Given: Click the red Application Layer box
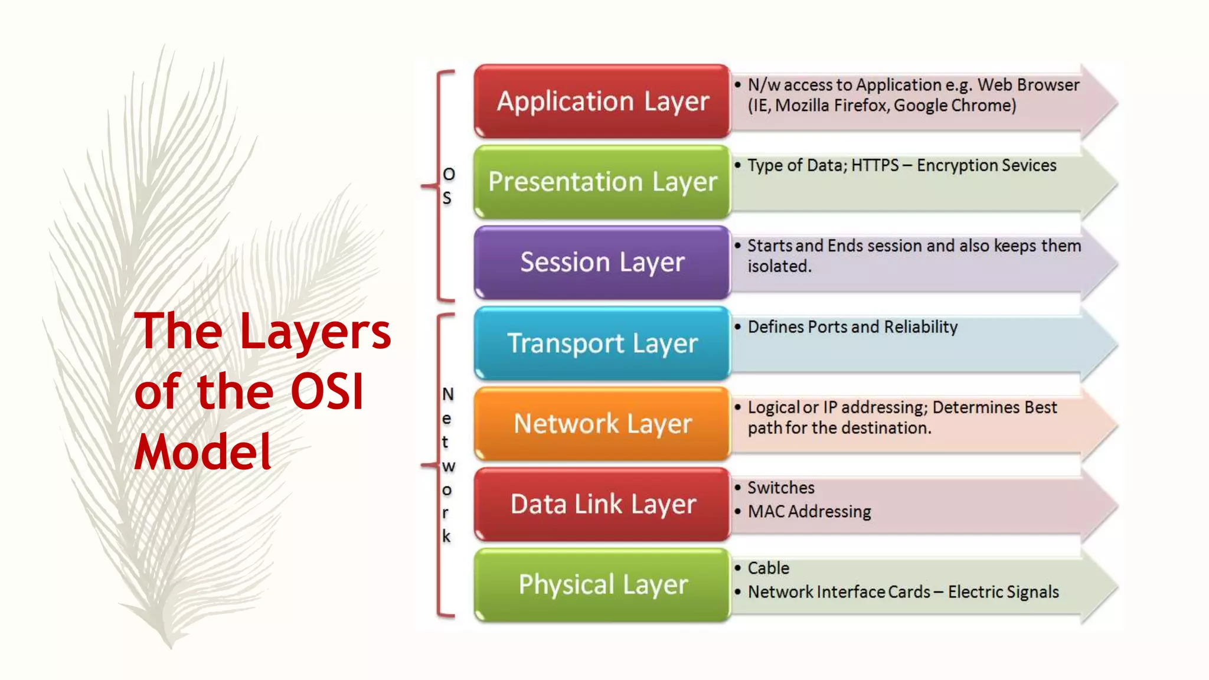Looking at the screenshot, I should click(602, 102).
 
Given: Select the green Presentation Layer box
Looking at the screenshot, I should click(602, 182).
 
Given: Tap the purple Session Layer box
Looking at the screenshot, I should click(602, 262).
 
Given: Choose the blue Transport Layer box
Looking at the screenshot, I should click(602, 343).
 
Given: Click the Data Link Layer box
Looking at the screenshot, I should click(602, 504).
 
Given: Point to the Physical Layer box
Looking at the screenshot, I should click(602, 584).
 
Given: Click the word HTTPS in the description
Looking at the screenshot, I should click(875, 165).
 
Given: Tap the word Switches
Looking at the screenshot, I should click(780, 488).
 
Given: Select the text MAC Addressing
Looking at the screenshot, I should click(809, 511).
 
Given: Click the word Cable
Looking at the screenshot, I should click(768, 568).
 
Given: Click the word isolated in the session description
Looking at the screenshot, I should click(779, 266).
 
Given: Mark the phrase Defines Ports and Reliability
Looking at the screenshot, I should click(852, 327).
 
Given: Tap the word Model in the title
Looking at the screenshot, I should click(202, 452).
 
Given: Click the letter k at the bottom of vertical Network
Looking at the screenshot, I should click(446, 536).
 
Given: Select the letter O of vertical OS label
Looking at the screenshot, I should click(449, 174).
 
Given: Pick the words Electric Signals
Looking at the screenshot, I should click(1003, 592).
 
